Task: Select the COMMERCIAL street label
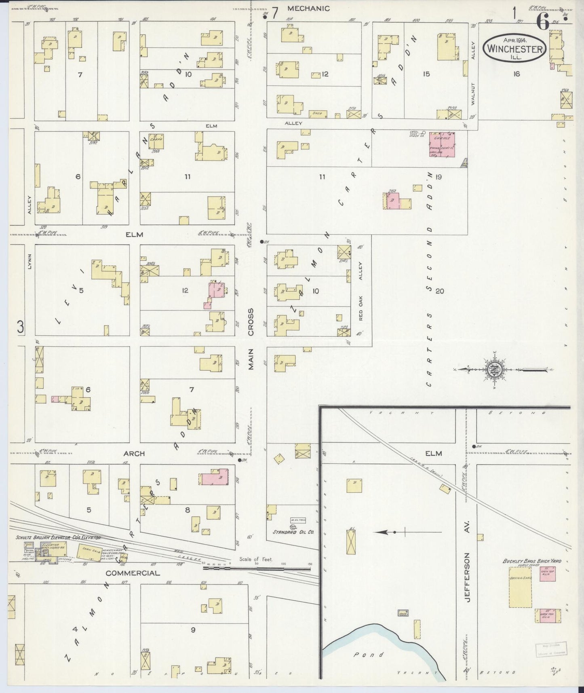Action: point(133,573)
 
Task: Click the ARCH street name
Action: point(134,454)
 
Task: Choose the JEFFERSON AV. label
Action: point(468,577)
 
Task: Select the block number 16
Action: point(516,74)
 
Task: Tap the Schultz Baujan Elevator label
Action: point(58,538)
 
